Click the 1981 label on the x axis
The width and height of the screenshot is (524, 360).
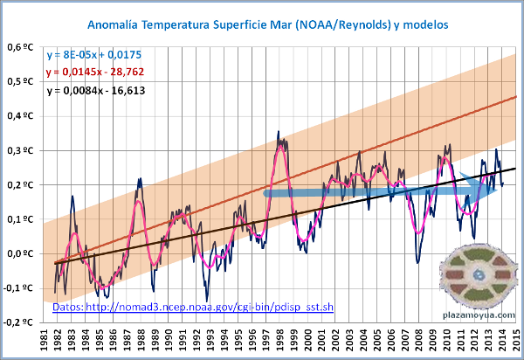[44, 340]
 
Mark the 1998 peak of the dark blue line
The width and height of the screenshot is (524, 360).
[279, 132]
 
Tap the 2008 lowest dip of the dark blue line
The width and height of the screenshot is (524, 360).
[417, 261]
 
